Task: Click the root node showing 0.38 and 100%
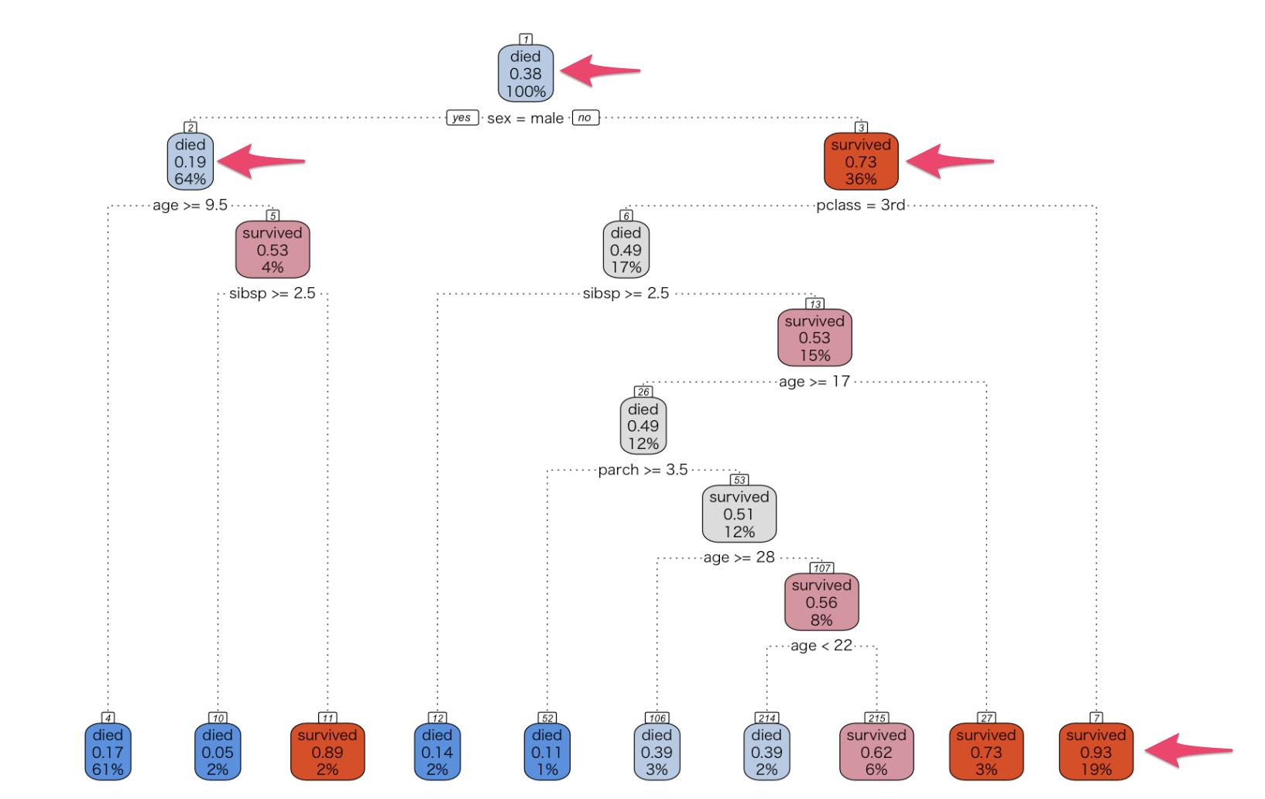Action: [x=526, y=74]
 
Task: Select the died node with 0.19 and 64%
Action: [x=190, y=162]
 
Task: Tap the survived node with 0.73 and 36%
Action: [x=861, y=162]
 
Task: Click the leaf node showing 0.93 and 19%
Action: [x=1095, y=752]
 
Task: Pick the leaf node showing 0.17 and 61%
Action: [x=108, y=752]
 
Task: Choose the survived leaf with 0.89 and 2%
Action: [x=327, y=752]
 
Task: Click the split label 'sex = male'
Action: [x=525, y=118]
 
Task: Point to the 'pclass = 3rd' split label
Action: [x=860, y=205]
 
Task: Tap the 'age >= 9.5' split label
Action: [x=190, y=205]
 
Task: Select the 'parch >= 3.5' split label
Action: [x=643, y=470]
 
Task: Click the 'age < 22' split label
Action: [x=821, y=646]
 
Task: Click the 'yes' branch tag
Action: [x=461, y=118]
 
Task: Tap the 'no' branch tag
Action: [x=585, y=118]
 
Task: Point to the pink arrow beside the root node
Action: [x=599, y=70]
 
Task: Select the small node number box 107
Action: [x=821, y=568]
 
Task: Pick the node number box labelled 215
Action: [x=876, y=718]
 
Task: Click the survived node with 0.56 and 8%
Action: [x=821, y=602]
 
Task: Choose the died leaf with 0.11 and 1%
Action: [x=547, y=752]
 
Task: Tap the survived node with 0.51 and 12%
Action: [x=739, y=514]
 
